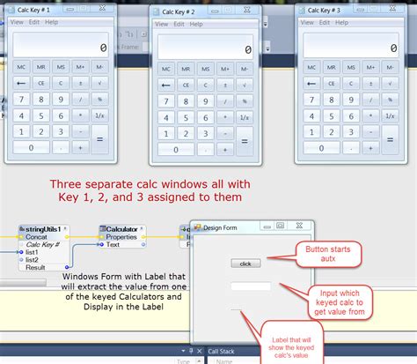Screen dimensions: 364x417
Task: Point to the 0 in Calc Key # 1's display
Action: (104, 48)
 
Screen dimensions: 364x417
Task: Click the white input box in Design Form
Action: (250, 286)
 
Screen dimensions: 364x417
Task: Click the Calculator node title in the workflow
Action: (122, 230)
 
